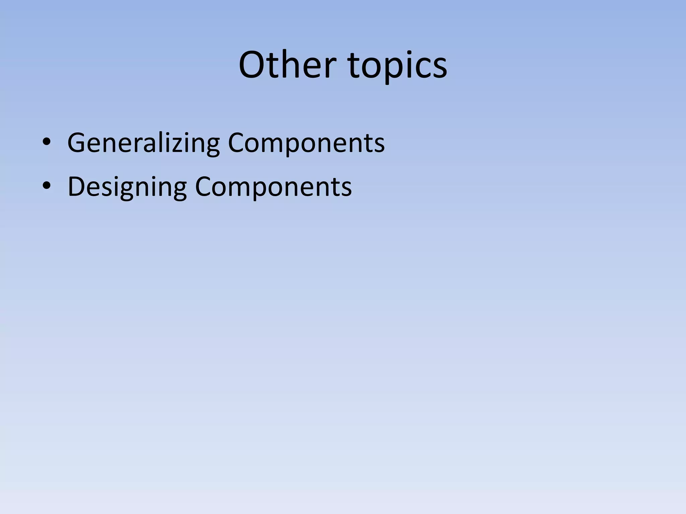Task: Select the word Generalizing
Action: point(143,143)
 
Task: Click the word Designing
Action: point(127,187)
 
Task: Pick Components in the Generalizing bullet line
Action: point(306,143)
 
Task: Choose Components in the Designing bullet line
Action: point(273,187)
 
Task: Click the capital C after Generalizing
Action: point(236,143)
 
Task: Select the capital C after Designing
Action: point(203,186)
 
